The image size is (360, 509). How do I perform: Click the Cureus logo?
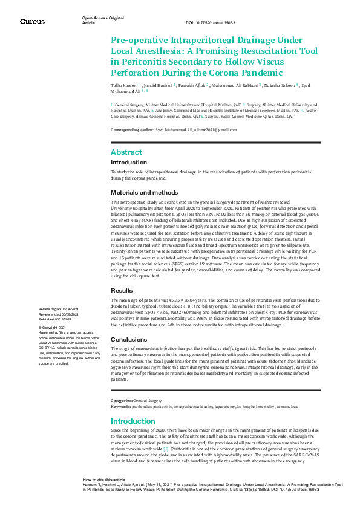tap(32, 21)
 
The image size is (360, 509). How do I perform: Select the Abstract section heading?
tap(126, 152)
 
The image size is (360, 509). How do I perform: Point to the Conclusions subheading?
tap(129, 339)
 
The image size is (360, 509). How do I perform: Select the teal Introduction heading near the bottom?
tap(133, 421)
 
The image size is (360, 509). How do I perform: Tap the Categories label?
tap(121, 401)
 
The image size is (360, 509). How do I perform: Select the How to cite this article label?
tap(104, 479)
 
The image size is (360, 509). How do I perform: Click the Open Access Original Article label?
tap(103, 21)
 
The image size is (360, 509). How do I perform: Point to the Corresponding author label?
tap(132, 131)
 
